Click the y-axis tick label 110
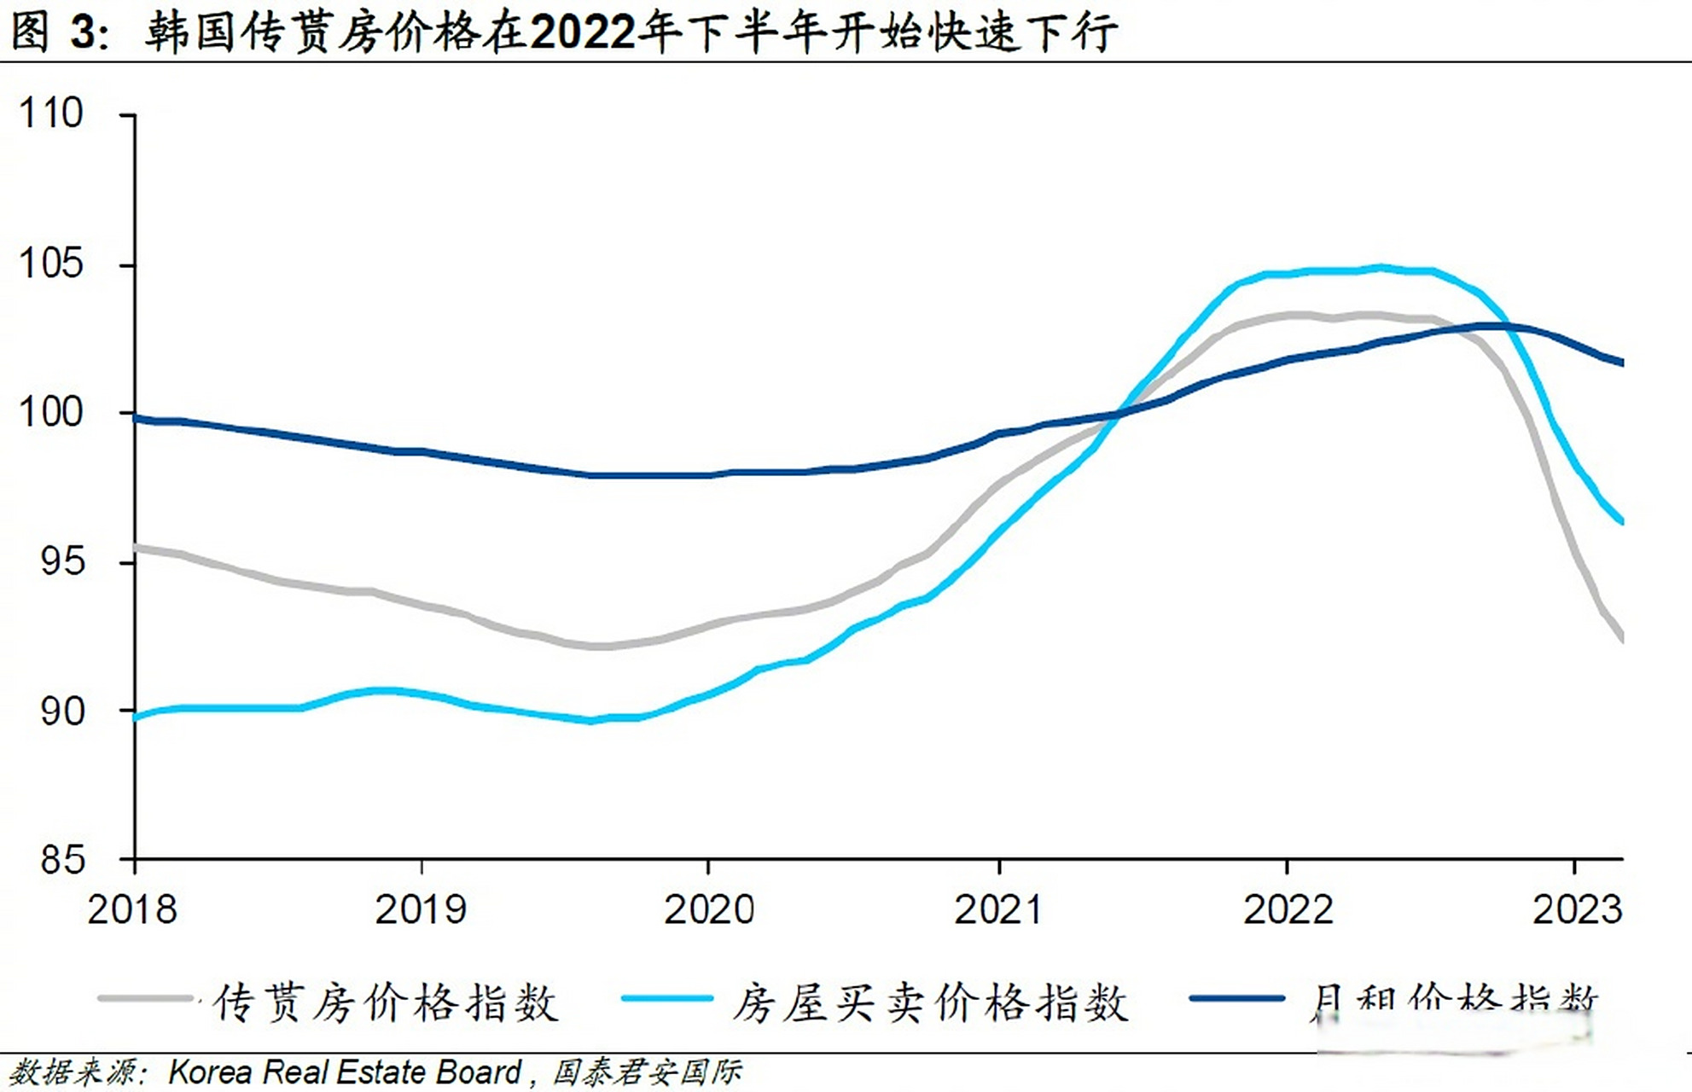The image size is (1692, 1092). pos(51,113)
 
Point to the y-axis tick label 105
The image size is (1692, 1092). pos(51,264)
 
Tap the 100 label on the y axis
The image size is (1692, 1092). pos(51,413)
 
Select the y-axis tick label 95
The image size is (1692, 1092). pos(62,561)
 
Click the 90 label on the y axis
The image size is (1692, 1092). pos(62,711)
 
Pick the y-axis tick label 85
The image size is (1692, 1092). pos(62,859)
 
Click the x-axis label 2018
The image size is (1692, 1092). pos(132,909)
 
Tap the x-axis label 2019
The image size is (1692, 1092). pos(421,909)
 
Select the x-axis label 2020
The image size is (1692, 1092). pos(709,909)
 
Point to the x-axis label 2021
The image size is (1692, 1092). pos(998,909)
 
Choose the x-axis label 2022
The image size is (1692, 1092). pos(1288,909)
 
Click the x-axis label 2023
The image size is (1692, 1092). pos(1577,909)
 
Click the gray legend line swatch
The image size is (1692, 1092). pos(145,998)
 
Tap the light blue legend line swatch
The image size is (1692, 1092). pos(667,998)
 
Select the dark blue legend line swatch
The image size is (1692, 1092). pos(1236,998)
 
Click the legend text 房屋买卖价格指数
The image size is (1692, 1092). pos(930,1003)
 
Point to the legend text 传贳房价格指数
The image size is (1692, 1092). pos(386,1003)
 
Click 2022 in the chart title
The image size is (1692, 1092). pos(583,32)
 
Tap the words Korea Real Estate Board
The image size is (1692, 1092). pos(345,1072)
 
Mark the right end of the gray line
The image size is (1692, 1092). pos(1621,638)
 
